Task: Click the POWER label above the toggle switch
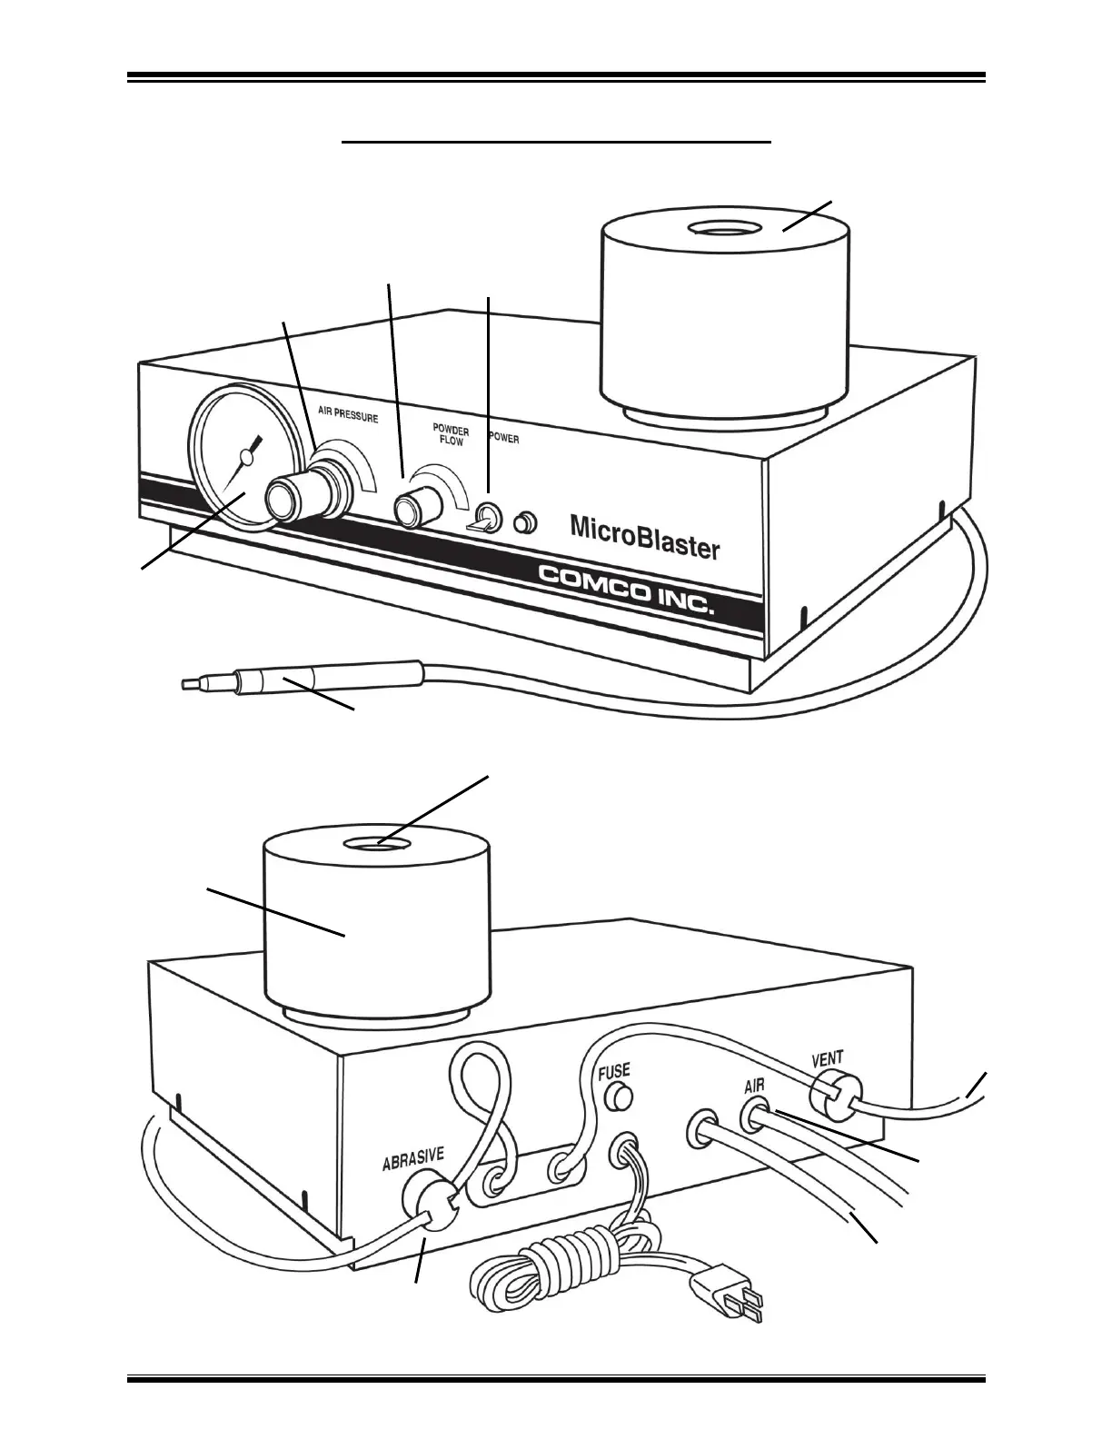tap(504, 438)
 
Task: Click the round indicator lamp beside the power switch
tap(525, 523)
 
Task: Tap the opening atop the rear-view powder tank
tap(376, 845)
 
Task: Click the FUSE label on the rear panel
tap(614, 1072)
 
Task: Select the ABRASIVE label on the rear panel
tap(412, 1160)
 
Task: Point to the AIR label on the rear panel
tap(754, 1086)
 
